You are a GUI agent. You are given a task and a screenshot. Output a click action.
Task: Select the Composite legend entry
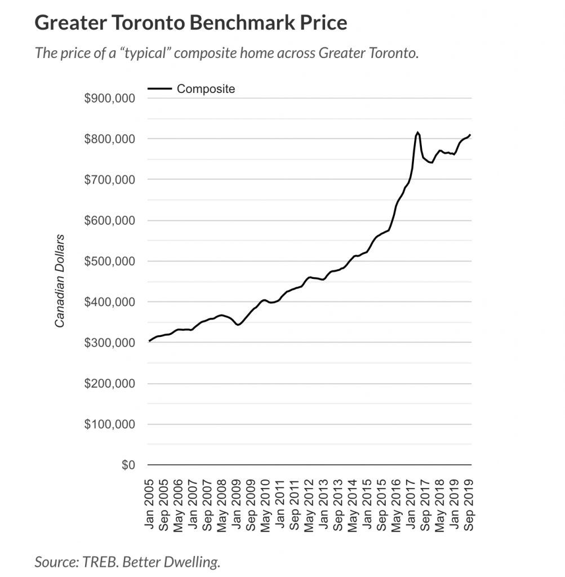point(206,88)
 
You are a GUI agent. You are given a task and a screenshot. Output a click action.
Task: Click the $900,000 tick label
point(109,98)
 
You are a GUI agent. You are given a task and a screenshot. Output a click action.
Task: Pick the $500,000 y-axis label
point(109,261)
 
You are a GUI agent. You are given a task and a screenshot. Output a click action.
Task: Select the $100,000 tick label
point(109,424)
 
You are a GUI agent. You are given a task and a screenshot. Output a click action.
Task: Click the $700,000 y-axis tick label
point(109,180)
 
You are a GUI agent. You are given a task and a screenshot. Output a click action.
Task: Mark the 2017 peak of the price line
point(417,132)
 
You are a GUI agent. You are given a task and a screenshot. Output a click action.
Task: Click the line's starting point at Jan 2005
point(149,341)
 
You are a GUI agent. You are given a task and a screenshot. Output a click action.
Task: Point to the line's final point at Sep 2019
point(470,135)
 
